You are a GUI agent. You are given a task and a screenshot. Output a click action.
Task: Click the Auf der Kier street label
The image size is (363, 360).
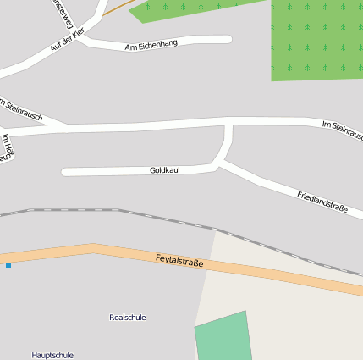(68, 39)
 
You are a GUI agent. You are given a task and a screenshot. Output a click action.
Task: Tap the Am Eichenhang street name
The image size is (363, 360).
(151, 43)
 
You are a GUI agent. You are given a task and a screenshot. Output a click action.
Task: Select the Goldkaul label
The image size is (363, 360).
(165, 170)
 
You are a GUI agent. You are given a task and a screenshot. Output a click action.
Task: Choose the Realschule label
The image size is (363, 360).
(128, 318)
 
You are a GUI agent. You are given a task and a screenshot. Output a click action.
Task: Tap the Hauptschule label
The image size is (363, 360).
(52, 355)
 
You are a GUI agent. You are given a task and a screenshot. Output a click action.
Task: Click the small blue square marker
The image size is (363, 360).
(8, 265)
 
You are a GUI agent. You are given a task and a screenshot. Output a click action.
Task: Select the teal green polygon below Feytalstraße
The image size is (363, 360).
(224, 337)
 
